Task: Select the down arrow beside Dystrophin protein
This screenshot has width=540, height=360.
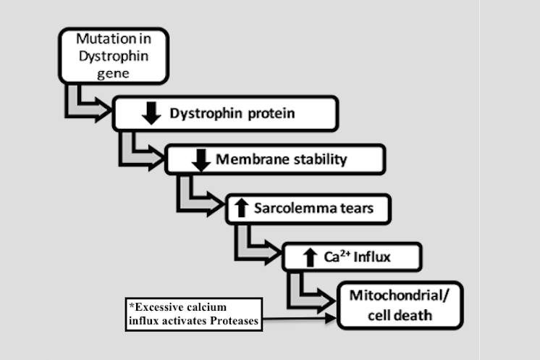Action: point(151,112)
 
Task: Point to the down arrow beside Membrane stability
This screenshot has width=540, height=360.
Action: point(202,159)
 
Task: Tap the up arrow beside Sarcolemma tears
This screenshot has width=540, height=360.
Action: point(241,209)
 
